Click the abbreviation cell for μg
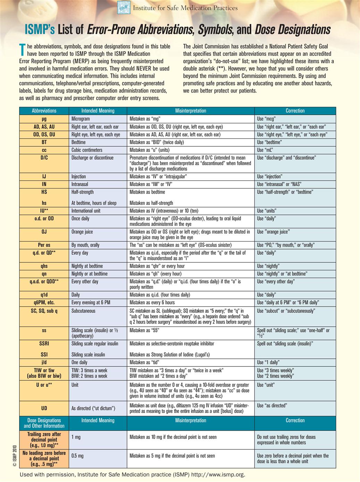coord(44,119)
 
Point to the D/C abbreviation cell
coord(44,158)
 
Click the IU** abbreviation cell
coord(44,211)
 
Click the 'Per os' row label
coord(44,245)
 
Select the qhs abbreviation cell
coord(44,266)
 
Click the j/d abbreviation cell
coord(44,362)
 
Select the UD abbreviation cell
coord(44,408)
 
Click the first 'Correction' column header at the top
coord(295,111)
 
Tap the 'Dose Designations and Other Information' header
coord(44,423)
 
